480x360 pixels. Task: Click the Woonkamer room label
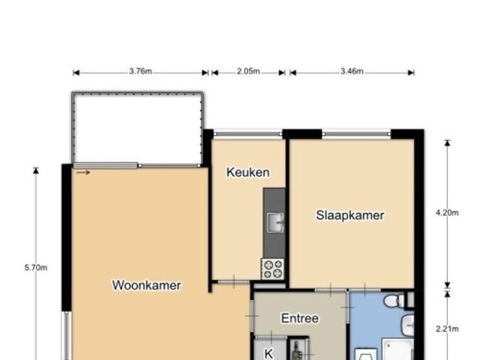(x=147, y=285)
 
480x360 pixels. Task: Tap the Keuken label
(x=247, y=172)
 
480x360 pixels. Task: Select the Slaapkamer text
(x=349, y=215)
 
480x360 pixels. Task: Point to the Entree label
(x=300, y=318)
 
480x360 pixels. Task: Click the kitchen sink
(x=276, y=223)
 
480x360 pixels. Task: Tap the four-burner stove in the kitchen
(x=271, y=268)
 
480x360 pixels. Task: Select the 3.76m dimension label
(x=140, y=72)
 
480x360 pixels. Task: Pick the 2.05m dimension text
(x=248, y=72)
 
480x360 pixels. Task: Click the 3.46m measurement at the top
(x=352, y=72)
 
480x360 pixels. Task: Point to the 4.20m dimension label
(x=447, y=212)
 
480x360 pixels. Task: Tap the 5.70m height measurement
(x=36, y=267)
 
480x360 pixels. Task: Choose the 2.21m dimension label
(x=447, y=328)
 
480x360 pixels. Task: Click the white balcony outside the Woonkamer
(x=138, y=127)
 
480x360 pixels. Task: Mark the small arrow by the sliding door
(x=82, y=172)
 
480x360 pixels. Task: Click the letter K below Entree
(x=268, y=352)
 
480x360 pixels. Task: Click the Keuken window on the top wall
(x=248, y=134)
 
